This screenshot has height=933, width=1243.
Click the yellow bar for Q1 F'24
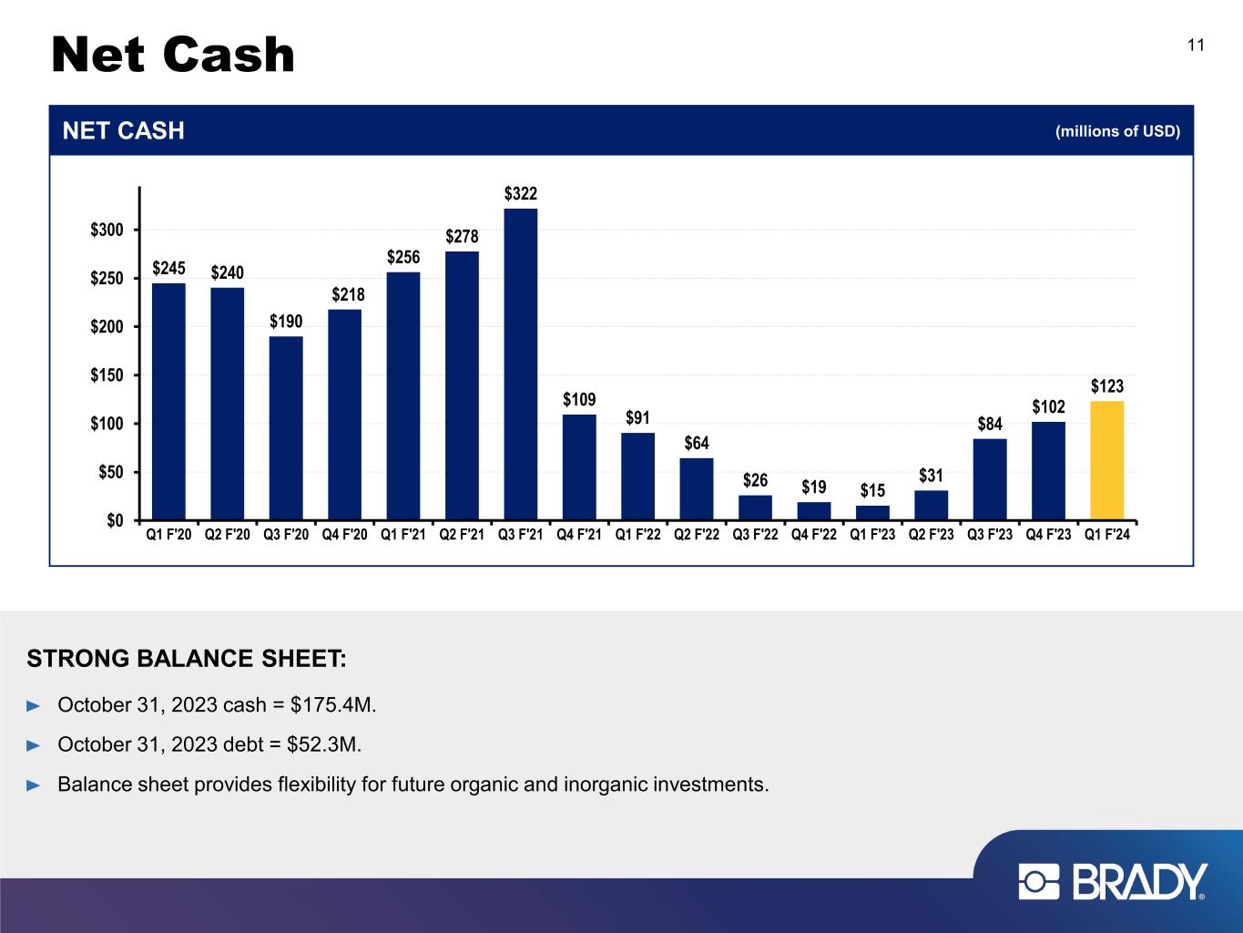[x=1106, y=460]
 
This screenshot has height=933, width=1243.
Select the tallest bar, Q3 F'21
[x=520, y=364]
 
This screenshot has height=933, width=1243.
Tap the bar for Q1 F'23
[x=872, y=512]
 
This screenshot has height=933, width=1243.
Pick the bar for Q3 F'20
[x=286, y=427]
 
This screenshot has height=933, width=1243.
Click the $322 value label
[x=520, y=194]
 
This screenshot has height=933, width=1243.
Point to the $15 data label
[x=872, y=490]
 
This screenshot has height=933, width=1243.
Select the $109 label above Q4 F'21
[x=579, y=400]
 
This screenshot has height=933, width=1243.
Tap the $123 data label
[x=1107, y=386]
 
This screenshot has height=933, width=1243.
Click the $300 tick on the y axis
[x=107, y=230]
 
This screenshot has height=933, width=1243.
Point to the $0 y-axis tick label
[x=115, y=520]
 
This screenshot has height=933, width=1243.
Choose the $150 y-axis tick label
[x=107, y=375]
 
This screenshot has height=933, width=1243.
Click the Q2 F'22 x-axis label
[x=696, y=535]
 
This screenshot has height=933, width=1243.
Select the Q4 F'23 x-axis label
[x=1048, y=535]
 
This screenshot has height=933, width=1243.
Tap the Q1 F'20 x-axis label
[x=168, y=535]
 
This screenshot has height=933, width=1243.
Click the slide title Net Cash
[x=173, y=55]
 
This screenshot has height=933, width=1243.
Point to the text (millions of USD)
[x=1117, y=131]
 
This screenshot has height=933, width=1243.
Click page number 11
[x=1196, y=46]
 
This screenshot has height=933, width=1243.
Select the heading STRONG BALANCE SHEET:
[x=187, y=659]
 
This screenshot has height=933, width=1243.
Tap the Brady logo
[x=1112, y=881]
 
